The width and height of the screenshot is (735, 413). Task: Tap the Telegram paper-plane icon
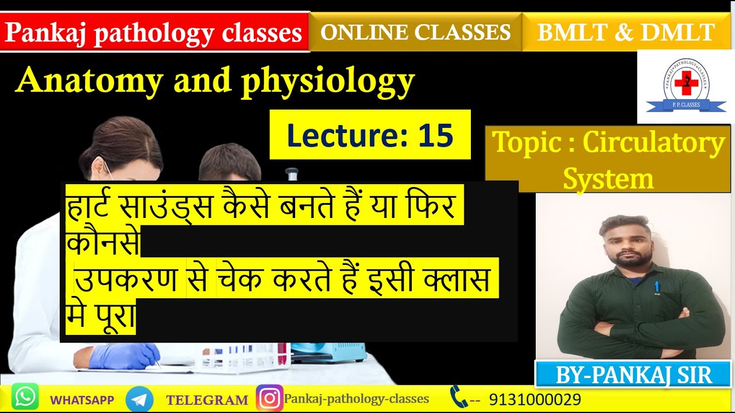[139, 399]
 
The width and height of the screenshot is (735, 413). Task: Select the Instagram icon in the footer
[269, 398]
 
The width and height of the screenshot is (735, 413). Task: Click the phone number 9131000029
[535, 399]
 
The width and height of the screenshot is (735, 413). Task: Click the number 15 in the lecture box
[435, 135]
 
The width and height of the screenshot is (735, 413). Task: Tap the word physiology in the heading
[328, 81]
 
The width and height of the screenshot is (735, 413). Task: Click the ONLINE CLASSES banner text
[415, 32]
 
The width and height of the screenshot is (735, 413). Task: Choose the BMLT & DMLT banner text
[626, 33]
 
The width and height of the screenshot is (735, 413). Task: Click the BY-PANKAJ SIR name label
[633, 375]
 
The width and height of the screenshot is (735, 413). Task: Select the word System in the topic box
[608, 178]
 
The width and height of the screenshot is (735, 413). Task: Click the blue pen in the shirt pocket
[656, 286]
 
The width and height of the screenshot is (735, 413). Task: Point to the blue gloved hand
[123, 355]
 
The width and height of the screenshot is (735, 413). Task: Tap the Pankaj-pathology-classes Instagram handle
[357, 398]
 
